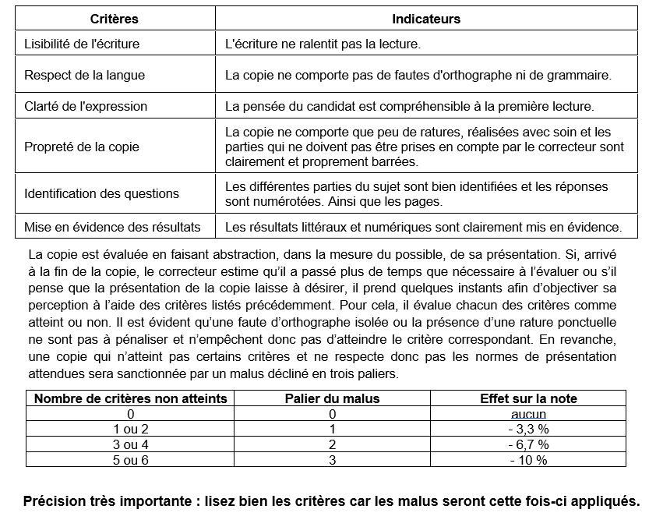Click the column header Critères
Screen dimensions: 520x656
[114, 19]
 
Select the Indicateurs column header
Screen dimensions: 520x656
[425, 19]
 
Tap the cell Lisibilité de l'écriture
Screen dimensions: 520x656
[82, 44]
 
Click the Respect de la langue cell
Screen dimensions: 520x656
[84, 76]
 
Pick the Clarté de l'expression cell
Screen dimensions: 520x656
[86, 106]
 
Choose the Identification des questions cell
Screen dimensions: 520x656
[101, 193]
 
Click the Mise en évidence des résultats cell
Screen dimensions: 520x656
[112, 227]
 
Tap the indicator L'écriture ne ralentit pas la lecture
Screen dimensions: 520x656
[323, 44]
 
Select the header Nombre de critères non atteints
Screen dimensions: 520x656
[131, 398]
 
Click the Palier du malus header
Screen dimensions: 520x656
[332, 398]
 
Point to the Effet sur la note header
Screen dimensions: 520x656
[528, 398]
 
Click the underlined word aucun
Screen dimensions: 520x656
[528, 414]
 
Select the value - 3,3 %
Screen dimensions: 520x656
[528, 429]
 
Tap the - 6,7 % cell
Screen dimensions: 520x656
[528, 444]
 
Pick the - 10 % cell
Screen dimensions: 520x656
[528, 460]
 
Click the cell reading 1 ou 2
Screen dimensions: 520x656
[131, 429]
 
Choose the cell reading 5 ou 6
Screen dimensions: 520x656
[131, 460]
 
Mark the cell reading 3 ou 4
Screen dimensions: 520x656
[131, 444]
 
